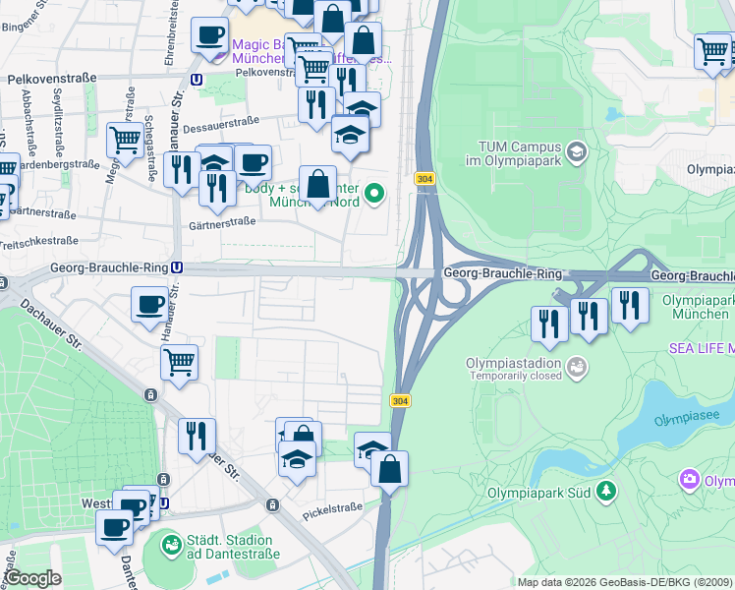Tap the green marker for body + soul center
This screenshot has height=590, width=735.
373,193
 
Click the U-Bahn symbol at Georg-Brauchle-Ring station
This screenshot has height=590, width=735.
177,266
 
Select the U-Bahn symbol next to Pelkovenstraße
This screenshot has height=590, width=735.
198,80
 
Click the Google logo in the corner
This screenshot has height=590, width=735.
33,577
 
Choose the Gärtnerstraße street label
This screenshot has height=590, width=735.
221,222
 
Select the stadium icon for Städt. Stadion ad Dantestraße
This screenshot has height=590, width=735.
172,542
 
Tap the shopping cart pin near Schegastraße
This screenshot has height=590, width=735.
125,141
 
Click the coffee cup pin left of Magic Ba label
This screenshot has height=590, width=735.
209,36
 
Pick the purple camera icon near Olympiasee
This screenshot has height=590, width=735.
689,480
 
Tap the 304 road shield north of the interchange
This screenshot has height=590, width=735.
424,179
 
